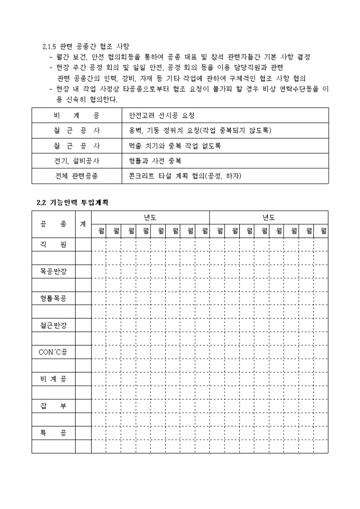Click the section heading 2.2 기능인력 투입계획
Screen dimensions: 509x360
[x=72, y=202]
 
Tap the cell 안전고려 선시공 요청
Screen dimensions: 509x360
[x=157, y=115]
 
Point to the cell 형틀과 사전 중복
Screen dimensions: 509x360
[x=155, y=160]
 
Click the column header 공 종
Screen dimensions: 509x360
[x=53, y=224]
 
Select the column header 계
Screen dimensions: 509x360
[x=83, y=224]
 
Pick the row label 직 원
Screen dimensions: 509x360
[x=53, y=244]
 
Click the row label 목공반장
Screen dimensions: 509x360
[x=53, y=271]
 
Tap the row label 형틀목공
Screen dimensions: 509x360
[x=53, y=298]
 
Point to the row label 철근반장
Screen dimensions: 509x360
[x=53, y=325]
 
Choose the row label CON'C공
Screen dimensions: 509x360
[x=53, y=352]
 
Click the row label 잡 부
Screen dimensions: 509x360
[x=53, y=406]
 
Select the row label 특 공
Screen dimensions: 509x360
[x=53, y=433]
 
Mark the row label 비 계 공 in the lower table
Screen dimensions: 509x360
[x=53, y=379]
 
